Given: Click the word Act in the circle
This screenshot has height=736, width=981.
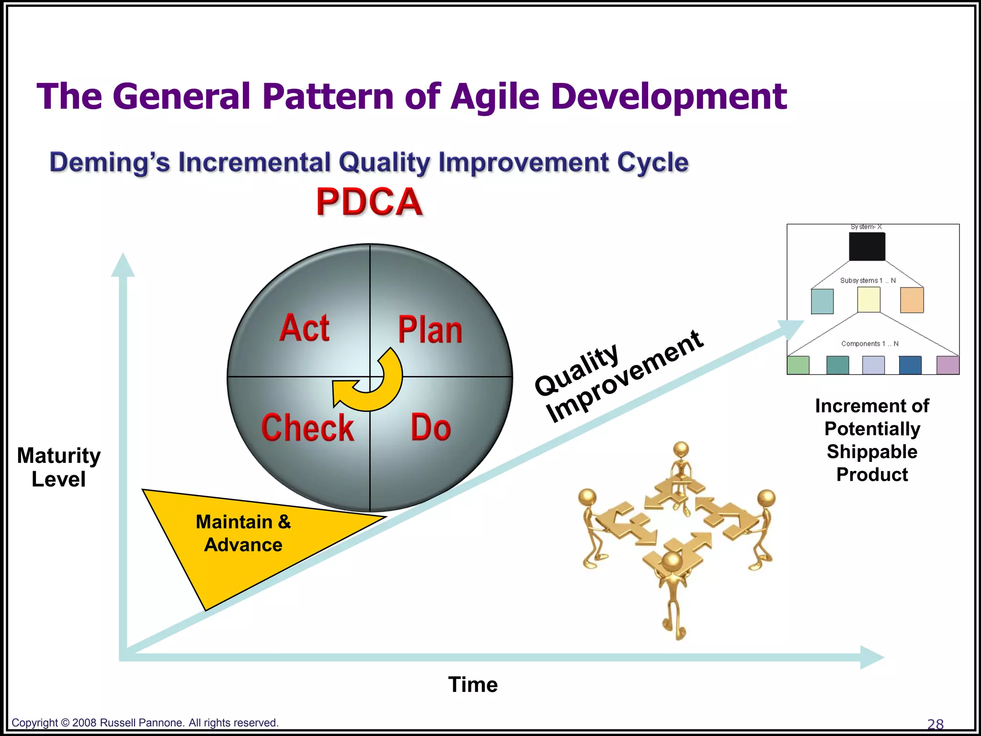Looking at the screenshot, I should (305, 328).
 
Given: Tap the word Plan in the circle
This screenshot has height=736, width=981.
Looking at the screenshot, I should (430, 331).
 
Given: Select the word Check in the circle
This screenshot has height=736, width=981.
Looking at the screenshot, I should (308, 428).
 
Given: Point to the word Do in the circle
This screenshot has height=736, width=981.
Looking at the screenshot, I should (431, 428).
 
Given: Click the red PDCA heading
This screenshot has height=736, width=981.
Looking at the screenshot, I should (369, 202).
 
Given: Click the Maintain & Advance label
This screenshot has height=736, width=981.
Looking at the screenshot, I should (243, 533).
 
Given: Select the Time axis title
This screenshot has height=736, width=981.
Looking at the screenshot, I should (473, 685).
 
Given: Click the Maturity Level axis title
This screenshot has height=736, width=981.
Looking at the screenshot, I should (58, 467).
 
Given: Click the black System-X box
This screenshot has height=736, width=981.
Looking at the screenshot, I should (867, 247).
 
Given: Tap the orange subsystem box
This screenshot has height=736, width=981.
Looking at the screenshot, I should (912, 300).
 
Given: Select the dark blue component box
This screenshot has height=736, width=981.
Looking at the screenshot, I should (910, 365).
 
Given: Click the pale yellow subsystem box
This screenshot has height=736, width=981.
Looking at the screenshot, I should (868, 300).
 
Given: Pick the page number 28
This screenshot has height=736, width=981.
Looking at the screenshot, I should (935, 724).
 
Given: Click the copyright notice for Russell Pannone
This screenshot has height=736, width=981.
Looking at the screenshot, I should (145, 723).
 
